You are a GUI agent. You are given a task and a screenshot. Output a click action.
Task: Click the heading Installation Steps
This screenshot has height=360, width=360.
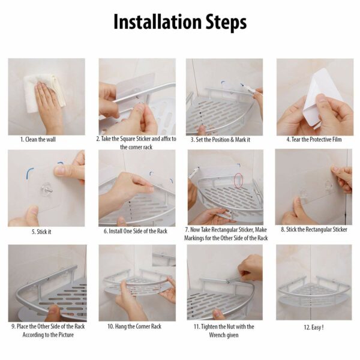[180, 22]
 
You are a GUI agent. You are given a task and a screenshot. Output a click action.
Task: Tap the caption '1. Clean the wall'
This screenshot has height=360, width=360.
[38, 139]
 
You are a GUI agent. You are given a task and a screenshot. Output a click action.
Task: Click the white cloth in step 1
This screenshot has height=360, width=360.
[44, 92]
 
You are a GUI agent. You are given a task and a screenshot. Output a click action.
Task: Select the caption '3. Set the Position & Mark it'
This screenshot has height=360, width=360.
[220, 140]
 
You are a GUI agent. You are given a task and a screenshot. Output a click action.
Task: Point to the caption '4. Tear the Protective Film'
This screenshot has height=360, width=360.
[314, 139]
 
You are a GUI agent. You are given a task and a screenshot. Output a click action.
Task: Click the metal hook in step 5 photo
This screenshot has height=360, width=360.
[47, 189]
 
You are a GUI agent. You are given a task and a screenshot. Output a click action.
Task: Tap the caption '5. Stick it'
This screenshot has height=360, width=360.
[41, 232]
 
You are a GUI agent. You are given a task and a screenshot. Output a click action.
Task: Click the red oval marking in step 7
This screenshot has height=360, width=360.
[239, 180]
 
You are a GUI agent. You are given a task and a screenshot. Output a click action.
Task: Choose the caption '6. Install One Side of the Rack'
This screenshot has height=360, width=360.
[136, 231]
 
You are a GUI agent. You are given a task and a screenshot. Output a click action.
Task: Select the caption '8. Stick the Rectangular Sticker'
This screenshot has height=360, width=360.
[314, 229]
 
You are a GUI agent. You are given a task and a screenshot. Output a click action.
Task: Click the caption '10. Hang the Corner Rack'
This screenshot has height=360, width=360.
[134, 326]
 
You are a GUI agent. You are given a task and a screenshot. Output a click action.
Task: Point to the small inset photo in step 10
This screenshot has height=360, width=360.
[164, 256]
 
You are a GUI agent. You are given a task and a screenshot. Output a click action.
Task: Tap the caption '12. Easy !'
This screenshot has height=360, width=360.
[314, 327]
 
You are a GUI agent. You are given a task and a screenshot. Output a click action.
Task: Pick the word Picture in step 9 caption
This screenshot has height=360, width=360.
[65, 335]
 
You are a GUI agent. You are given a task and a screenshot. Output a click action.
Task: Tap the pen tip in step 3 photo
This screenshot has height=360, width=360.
[242, 85]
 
